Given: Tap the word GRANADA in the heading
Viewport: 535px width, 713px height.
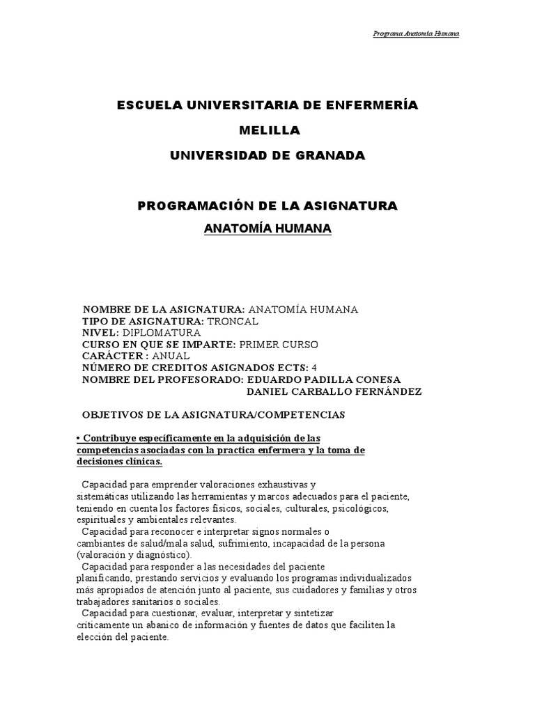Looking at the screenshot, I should (x=325, y=155).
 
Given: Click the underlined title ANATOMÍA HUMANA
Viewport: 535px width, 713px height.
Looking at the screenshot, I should (x=267, y=229).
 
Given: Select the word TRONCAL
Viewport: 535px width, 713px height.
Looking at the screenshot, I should (x=232, y=321).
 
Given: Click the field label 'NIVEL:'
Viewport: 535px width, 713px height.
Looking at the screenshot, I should (x=100, y=333).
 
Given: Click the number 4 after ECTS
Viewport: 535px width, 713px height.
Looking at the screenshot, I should (x=314, y=368).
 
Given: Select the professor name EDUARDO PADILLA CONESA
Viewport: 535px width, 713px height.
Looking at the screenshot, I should (x=324, y=379).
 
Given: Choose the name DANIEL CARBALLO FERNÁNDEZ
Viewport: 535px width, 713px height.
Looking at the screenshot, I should (x=335, y=391).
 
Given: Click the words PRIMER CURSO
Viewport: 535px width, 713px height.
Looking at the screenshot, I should (x=278, y=345).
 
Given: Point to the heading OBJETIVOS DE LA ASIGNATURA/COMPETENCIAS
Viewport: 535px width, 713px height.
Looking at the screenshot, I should (x=214, y=414).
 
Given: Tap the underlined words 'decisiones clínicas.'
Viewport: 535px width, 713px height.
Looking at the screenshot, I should (x=118, y=462).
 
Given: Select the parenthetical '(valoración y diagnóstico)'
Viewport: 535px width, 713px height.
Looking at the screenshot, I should (x=133, y=555).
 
